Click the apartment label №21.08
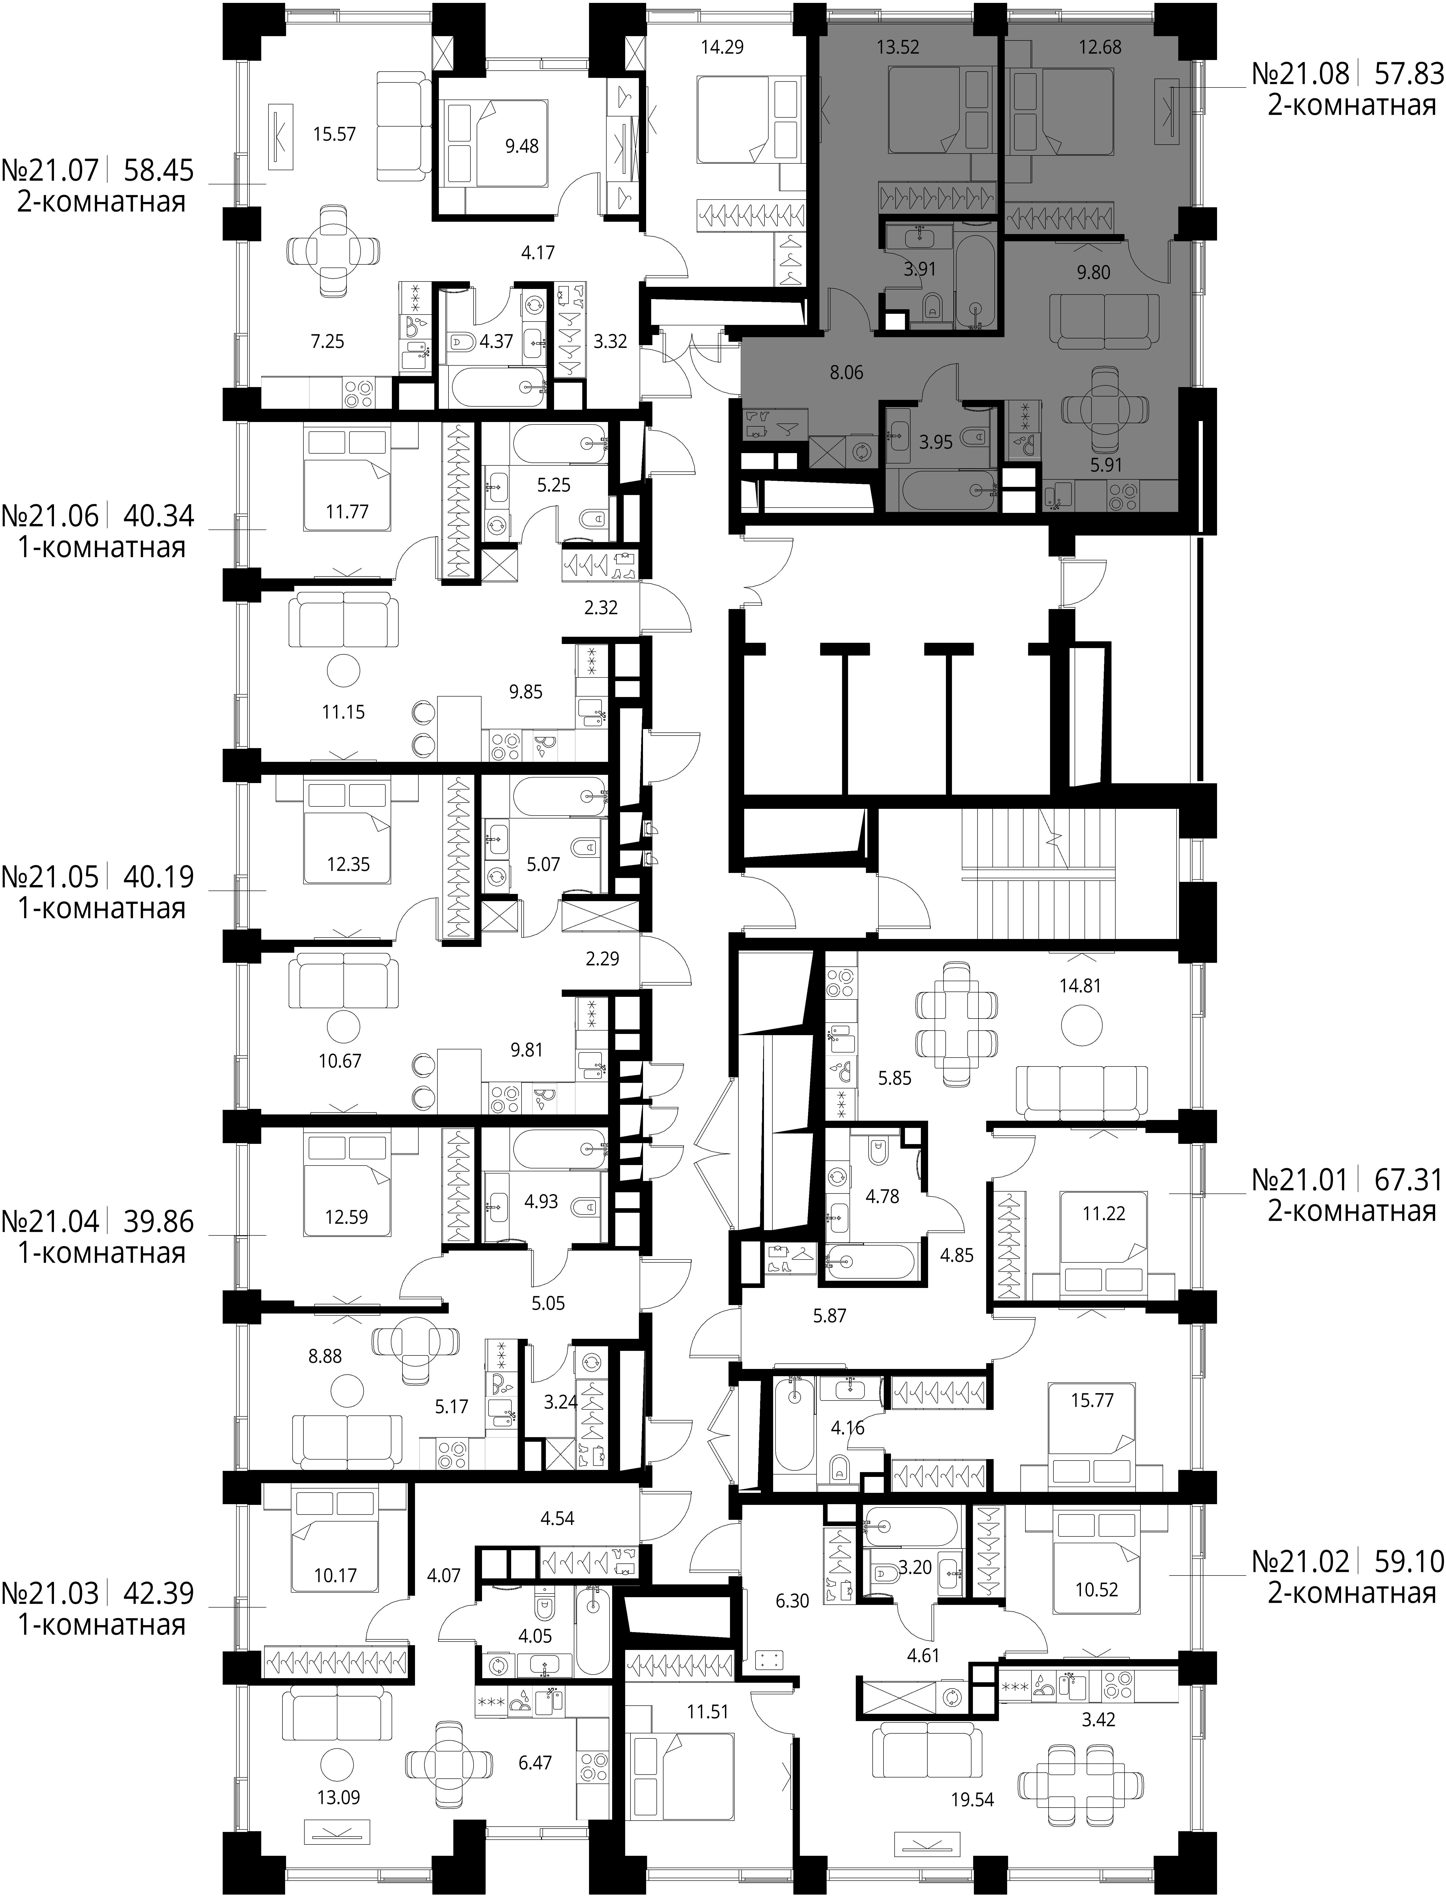(x=1300, y=74)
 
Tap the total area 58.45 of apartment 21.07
(x=159, y=170)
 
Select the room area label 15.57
(x=335, y=134)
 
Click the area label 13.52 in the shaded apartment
(x=898, y=47)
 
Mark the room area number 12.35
(x=348, y=864)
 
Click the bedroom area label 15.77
(x=1092, y=1400)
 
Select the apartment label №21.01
(x=1300, y=1179)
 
